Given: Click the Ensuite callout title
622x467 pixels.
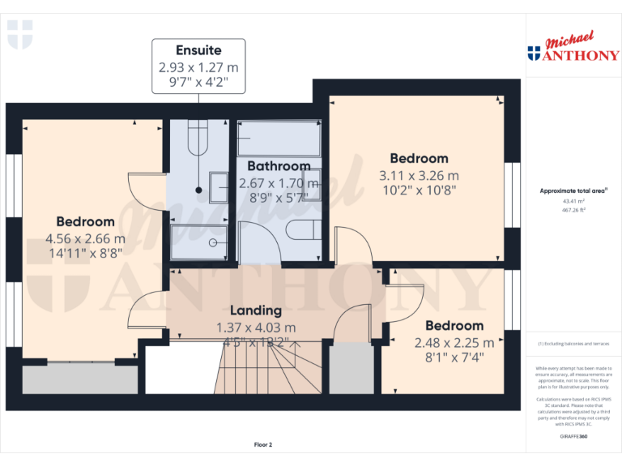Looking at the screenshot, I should (198, 50).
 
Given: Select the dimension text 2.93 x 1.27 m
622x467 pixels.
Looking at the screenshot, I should (198, 67).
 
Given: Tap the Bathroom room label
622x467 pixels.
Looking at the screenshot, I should (279, 166).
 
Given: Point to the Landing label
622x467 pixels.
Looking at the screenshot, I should (256, 310).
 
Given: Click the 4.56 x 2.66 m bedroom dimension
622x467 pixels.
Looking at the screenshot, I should (85, 238).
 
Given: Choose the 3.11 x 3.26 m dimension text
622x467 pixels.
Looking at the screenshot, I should (419, 175).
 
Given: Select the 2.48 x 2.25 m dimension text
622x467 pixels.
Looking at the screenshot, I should (454, 343).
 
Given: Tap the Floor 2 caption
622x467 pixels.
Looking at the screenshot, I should (263, 445).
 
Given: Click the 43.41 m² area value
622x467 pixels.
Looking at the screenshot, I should (573, 200).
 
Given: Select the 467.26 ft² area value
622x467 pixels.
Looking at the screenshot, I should (573, 209).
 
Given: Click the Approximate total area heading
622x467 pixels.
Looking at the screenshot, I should (573, 191).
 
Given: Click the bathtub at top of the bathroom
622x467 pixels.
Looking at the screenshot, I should (279, 139).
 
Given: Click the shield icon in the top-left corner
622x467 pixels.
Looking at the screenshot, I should (19, 35).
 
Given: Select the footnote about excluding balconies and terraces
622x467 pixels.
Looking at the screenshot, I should (573, 345).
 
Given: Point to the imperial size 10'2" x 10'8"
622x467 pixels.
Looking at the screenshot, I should (419, 191).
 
